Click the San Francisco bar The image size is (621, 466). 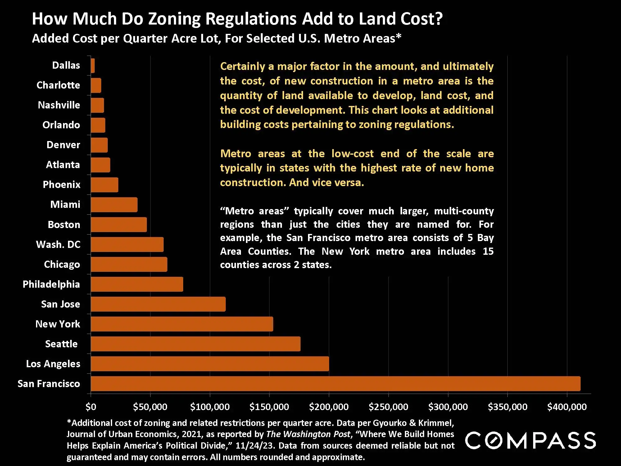click(x=335, y=384)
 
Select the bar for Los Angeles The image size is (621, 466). click(x=210, y=364)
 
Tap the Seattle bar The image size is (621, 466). click(x=196, y=344)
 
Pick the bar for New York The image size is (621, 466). click(x=182, y=324)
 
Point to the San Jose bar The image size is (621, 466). click(x=158, y=304)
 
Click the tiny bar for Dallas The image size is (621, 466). click(x=93, y=66)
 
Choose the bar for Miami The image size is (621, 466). click(x=114, y=205)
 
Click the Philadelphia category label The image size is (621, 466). click(x=51, y=284)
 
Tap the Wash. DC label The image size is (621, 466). click(x=58, y=244)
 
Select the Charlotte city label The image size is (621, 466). click(x=58, y=85)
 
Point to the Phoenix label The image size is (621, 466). click(x=61, y=185)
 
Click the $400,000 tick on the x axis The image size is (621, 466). click(x=567, y=407)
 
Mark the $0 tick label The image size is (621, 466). click(x=91, y=407)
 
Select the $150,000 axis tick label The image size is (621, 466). click(x=269, y=407)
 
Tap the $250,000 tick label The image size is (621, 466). click(x=388, y=407)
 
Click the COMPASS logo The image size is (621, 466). click(x=530, y=441)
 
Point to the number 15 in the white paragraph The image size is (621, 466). click(x=488, y=251)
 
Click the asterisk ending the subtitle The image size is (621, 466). click(x=399, y=37)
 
